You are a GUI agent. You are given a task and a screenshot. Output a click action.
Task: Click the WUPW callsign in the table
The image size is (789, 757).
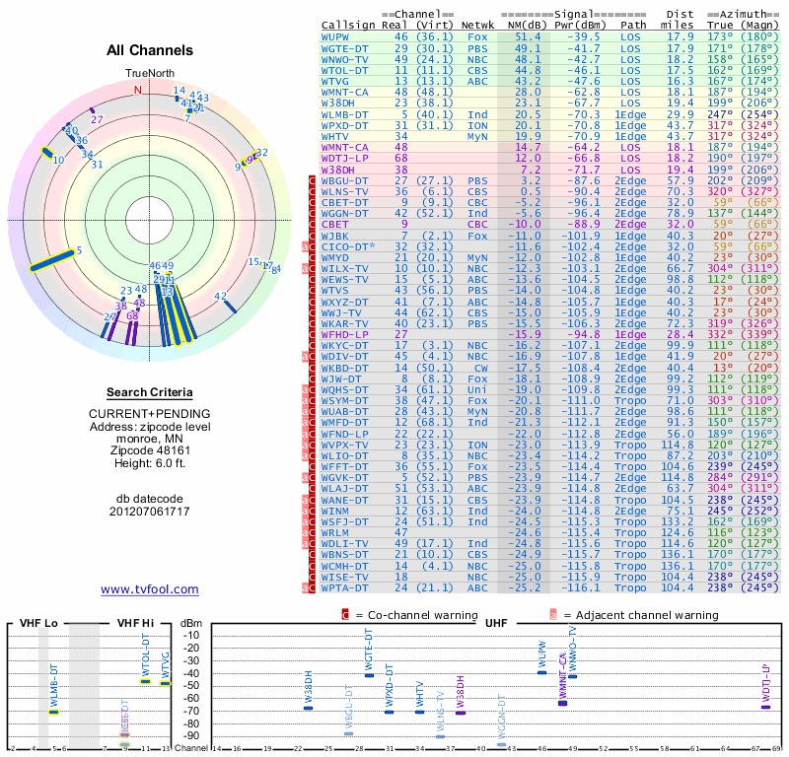tap(338, 36)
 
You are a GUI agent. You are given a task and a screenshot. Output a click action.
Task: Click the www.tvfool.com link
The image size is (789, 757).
tap(150, 589)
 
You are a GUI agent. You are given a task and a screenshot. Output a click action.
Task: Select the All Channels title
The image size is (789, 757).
tap(150, 49)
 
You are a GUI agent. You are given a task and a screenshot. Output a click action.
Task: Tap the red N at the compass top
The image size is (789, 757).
tap(138, 89)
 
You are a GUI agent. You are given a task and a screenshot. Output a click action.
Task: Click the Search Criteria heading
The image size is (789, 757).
tap(150, 392)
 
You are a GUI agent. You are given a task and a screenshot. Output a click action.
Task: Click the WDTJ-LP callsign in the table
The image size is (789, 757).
tap(344, 157)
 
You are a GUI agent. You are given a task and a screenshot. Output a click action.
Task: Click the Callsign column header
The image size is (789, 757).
tap(350, 25)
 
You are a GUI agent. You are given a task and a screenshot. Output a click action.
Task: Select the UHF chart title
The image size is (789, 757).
tap(496, 624)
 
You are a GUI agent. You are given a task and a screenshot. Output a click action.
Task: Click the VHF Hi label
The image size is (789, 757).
tap(136, 624)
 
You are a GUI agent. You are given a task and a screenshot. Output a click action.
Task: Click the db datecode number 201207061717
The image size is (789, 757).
tap(150, 512)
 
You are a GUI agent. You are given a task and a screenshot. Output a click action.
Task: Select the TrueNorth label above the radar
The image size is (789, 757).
tap(150, 74)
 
